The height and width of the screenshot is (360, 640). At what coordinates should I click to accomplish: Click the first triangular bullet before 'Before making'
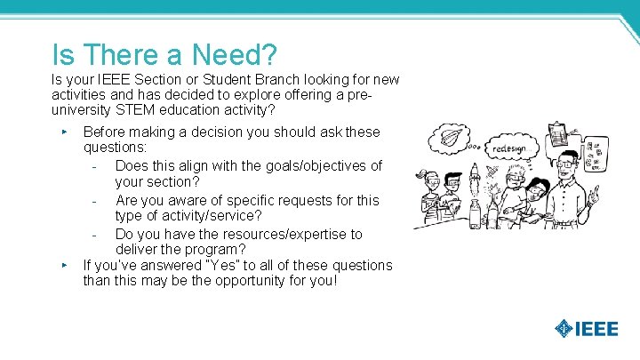click(x=65, y=132)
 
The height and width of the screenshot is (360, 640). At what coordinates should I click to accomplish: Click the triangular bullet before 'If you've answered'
click(x=65, y=265)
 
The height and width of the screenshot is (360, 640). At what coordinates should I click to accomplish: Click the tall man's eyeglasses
click(x=569, y=164)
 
